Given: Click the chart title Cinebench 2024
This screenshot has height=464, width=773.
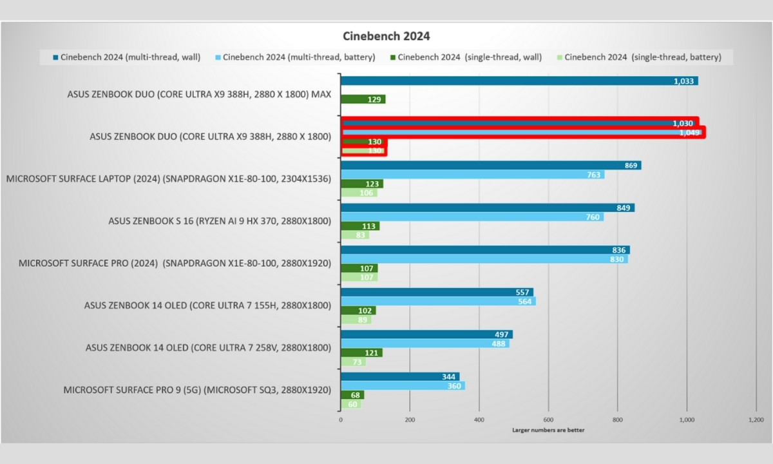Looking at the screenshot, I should [386, 36].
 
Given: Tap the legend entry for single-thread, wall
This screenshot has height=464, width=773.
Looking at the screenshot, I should [465, 57].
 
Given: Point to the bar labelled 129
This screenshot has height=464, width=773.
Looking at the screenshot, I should [363, 99].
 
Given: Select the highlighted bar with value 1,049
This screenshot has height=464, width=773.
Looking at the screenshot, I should [522, 132].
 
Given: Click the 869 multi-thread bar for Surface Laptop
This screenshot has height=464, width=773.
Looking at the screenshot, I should [490, 166].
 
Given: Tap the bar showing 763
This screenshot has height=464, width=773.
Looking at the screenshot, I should [472, 175].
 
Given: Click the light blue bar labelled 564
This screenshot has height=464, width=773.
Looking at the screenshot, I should [438, 301].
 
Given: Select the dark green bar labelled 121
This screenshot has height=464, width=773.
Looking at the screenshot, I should [361, 353].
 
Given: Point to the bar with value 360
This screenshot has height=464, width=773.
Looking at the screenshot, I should [403, 385].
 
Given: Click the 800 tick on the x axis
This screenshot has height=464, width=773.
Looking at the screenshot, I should [617, 420].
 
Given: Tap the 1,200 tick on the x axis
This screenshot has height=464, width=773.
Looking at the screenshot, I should [755, 420].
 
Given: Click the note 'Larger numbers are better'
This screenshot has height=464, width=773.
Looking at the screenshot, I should [548, 430].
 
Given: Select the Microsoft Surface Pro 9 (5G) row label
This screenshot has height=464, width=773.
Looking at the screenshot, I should [197, 390].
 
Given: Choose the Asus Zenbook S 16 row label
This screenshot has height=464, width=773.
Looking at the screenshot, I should [220, 221].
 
